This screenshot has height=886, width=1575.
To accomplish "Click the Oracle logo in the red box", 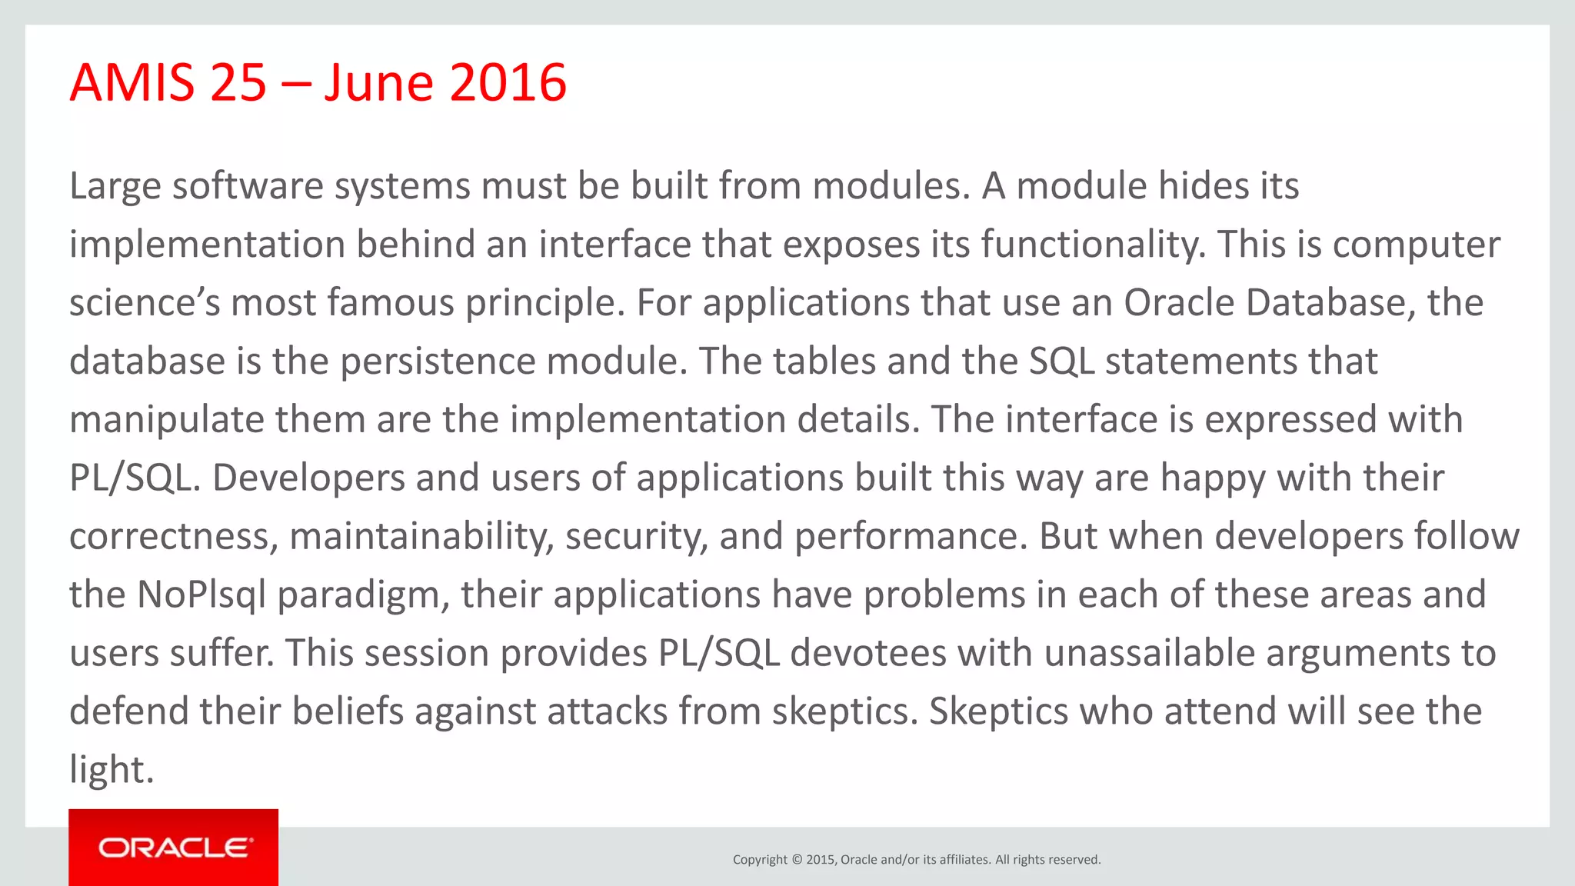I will tap(174, 848).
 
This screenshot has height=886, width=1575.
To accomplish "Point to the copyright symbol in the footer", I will tap(797, 860).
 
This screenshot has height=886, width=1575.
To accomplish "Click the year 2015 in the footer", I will tap(821, 860).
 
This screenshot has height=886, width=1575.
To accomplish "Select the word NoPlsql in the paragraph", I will tap(201, 595).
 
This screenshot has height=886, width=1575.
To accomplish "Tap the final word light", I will tap(111, 769).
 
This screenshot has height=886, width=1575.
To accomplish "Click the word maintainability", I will tap(421, 537).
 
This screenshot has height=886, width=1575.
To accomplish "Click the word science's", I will tap(145, 302).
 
